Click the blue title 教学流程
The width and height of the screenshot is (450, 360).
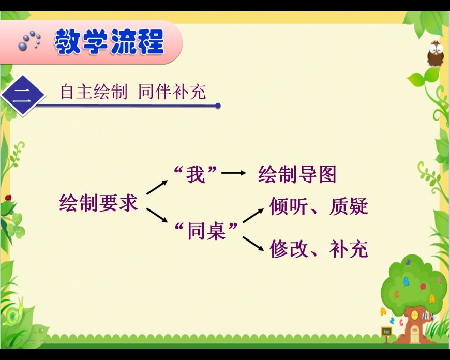pyautogui.click(x=109, y=42)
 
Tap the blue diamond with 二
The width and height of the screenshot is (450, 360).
pyautogui.click(x=23, y=96)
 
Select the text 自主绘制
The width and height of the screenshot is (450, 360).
pyautogui.click(x=94, y=92)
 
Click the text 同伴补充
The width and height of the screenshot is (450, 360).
pyautogui.click(x=172, y=92)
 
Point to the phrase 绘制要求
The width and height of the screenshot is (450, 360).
pyautogui.click(x=98, y=203)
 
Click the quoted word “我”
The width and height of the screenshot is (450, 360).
pyautogui.click(x=196, y=174)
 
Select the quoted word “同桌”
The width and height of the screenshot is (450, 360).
pyautogui.click(x=206, y=231)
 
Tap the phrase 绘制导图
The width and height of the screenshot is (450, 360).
pyautogui.click(x=297, y=174)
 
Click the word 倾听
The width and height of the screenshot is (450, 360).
pyautogui.click(x=289, y=206)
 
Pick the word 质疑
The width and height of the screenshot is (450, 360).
pyautogui.click(x=349, y=206)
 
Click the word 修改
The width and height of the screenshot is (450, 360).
pyautogui.click(x=289, y=249)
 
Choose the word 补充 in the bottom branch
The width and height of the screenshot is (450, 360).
pyautogui.click(x=349, y=249)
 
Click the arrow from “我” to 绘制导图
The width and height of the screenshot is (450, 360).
pyautogui.click(x=234, y=173)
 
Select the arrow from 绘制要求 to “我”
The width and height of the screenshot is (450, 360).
pyautogui.click(x=157, y=187)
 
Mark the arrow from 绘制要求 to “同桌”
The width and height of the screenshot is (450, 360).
pyautogui.click(x=157, y=215)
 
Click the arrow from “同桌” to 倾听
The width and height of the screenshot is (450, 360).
pyautogui.click(x=253, y=216)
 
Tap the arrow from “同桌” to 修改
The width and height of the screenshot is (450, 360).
pyautogui.click(x=253, y=244)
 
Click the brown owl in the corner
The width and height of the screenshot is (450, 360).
pyautogui.click(x=436, y=54)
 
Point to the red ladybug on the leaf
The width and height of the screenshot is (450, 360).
pyautogui.click(x=8, y=198)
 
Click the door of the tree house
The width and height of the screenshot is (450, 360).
pyautogui.click(x=414, y=334)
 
